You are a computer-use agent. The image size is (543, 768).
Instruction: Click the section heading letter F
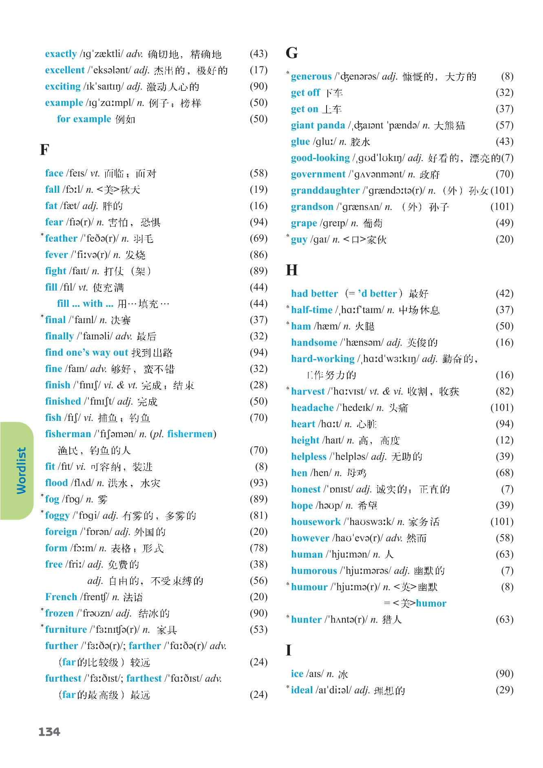pyautogui.click(x=44, y=150)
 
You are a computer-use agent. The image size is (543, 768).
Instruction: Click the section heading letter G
pyautogui.click(x=292, y=53)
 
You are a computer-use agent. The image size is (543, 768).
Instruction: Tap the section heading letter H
pyautogui.click(x=292, y=270)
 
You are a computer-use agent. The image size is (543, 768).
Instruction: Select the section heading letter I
pyautogui.click(x=289, y=650)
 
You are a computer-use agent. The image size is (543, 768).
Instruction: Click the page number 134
pyautogui.click(x=49, y=732)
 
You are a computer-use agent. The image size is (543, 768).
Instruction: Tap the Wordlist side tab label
pyautogui.click(x=21, y=471)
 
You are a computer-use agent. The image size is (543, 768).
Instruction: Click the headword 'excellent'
pyautogui.click(x=65, y=70)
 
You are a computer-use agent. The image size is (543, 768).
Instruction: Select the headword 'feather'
pyautogui.click(x=61, y=238)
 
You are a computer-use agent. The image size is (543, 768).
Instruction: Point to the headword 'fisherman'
pyautogui.click(x=68, y=434)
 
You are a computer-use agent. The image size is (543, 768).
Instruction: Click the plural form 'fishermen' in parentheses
pyautogui.click(x=190, y=434)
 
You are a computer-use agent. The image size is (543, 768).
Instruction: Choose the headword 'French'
pyautogui.click(x=61, y=597)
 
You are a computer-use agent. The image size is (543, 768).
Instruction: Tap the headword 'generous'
pyautogui.click(x=311, y=77)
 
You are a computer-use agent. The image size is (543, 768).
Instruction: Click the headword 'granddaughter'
pyautogui.click(x=325, y=191)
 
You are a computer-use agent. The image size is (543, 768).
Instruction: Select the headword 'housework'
pyautogui.click(x=316, y=522)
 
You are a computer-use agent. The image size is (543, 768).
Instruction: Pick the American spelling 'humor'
pyautogui.click(x=431, y=603)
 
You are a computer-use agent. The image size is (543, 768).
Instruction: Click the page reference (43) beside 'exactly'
pyautogui.click(x=258, y=54)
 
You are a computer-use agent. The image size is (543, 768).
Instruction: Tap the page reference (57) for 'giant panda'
pyautogui.click(x=504, y=125)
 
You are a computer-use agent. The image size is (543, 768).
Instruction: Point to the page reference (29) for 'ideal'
pyautogui.click(x=504, y=690)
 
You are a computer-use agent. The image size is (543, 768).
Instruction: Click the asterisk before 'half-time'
pyautogui.click(x=288, y=307)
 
